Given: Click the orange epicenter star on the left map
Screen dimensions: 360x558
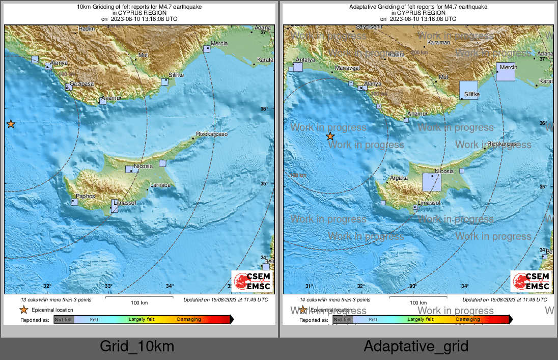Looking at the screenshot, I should (x=11, y=124).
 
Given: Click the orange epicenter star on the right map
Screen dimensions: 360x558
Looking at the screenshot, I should (x=330, y=136).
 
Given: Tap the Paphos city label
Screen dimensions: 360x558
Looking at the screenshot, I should (x=85, y=196).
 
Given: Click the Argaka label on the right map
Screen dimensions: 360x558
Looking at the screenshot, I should (x=398, y=178).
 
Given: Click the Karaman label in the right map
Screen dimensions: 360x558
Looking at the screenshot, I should (x=439, y=43).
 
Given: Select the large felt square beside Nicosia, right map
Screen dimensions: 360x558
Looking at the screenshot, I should (x=432, y=182).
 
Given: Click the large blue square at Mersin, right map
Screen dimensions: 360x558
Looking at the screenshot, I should (x=506, y=72).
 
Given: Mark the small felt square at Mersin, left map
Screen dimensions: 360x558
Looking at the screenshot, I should (x=206, y=49).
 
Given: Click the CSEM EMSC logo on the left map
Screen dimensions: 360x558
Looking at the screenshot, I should (x=252, y=282).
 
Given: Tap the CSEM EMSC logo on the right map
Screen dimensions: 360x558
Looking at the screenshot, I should (x=531, y=282).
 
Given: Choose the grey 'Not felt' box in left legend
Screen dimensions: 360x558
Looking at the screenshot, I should (x=64, y=320).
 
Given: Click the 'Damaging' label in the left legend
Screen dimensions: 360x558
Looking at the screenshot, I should (x=189, y=320).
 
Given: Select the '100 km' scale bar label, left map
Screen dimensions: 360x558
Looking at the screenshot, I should (x=138, y=303).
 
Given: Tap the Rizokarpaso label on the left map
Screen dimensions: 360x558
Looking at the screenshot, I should (x=212, y=134).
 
